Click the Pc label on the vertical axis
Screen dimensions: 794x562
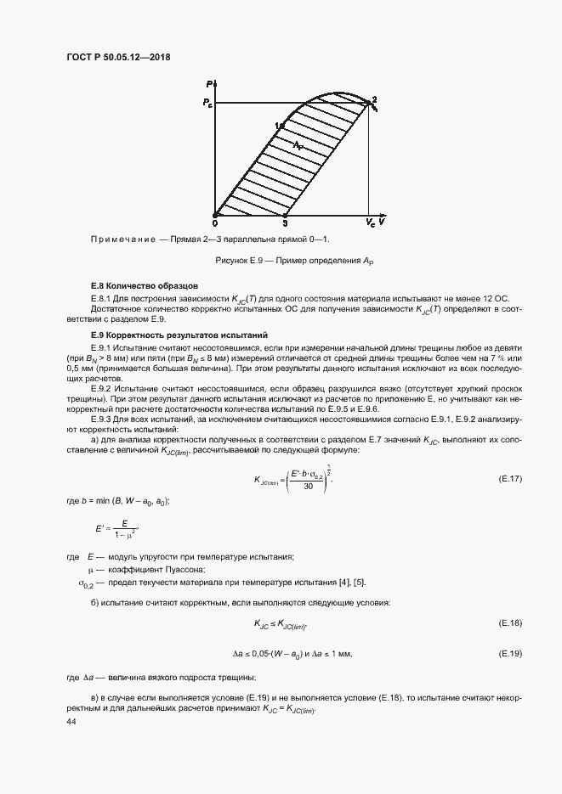coord(207,103)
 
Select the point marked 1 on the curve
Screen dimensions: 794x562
coord(280,127)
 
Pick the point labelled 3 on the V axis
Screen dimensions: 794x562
coord(285,222)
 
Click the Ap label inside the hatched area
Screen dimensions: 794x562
coord(298,146)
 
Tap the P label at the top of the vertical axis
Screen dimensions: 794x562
coord(210,83)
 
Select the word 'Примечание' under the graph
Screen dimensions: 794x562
coord(124,240)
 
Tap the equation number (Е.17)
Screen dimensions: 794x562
coord(509,479)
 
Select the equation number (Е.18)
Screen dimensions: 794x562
coord(509,623)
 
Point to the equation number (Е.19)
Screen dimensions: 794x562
coord(509,653)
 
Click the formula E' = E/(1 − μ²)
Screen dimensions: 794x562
coord(116,529)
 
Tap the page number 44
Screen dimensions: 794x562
coord(71,720)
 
